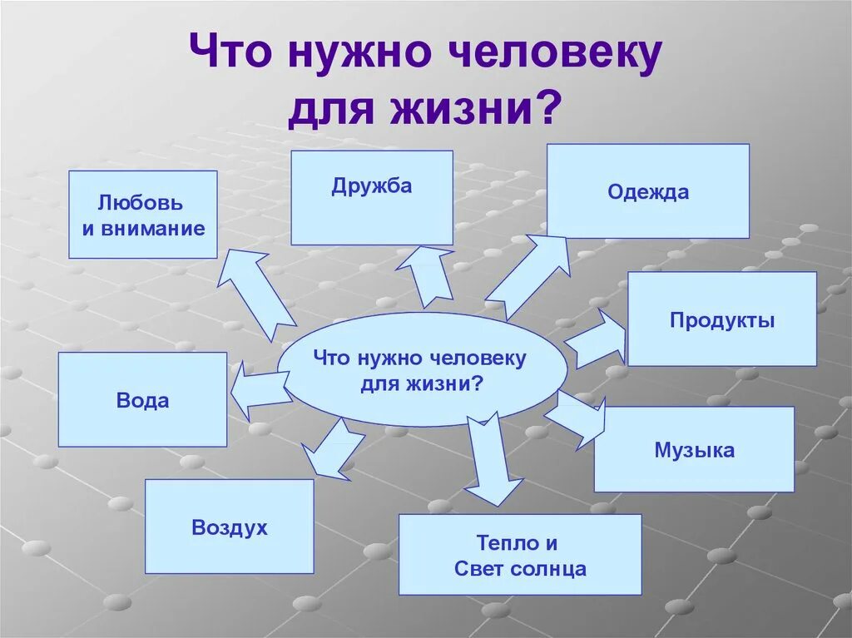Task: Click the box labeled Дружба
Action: point(372,197)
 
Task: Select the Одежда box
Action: point(647,191)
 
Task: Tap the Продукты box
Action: point(721,319)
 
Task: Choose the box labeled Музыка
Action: point(694,449)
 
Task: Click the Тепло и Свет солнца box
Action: point(520,554)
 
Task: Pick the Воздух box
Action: point(230,526)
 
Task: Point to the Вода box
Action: point(142,399)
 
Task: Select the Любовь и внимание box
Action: point(142,215)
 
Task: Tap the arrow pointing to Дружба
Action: point(426,274)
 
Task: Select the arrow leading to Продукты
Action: point(595,338)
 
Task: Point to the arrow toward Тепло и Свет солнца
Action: point(490,460)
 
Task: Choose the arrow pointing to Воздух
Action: point(330,450)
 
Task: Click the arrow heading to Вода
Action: point(258,388)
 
